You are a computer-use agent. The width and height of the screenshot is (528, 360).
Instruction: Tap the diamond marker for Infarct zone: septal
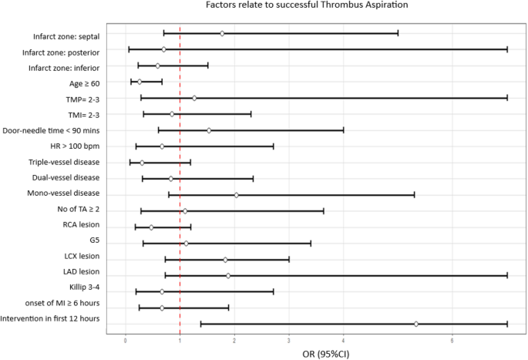pos(222,33)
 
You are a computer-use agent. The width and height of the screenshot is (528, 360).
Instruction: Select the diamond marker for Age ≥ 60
pos(140,82)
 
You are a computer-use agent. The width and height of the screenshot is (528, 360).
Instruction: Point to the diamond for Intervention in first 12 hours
pos(416,324)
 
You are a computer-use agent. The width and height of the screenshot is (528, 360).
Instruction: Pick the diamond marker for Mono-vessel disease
pos(236,194)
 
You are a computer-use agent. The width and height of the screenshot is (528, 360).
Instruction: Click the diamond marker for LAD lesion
pos(228,275)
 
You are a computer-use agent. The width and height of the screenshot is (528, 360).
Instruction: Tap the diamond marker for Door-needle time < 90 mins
pos(208,130)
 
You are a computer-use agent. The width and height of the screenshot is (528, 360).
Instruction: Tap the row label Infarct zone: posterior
pos(61,52)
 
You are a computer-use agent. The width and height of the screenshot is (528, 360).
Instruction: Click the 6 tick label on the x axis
pos(452,338)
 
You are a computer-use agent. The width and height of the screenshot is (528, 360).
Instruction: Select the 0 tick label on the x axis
pos(126,338)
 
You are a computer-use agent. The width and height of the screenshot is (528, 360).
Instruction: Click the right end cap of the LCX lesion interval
pos(289,259)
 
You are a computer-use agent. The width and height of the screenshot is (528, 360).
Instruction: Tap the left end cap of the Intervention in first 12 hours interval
pos(200,324)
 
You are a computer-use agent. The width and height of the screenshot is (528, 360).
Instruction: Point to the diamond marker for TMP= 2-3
pos(194,98)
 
